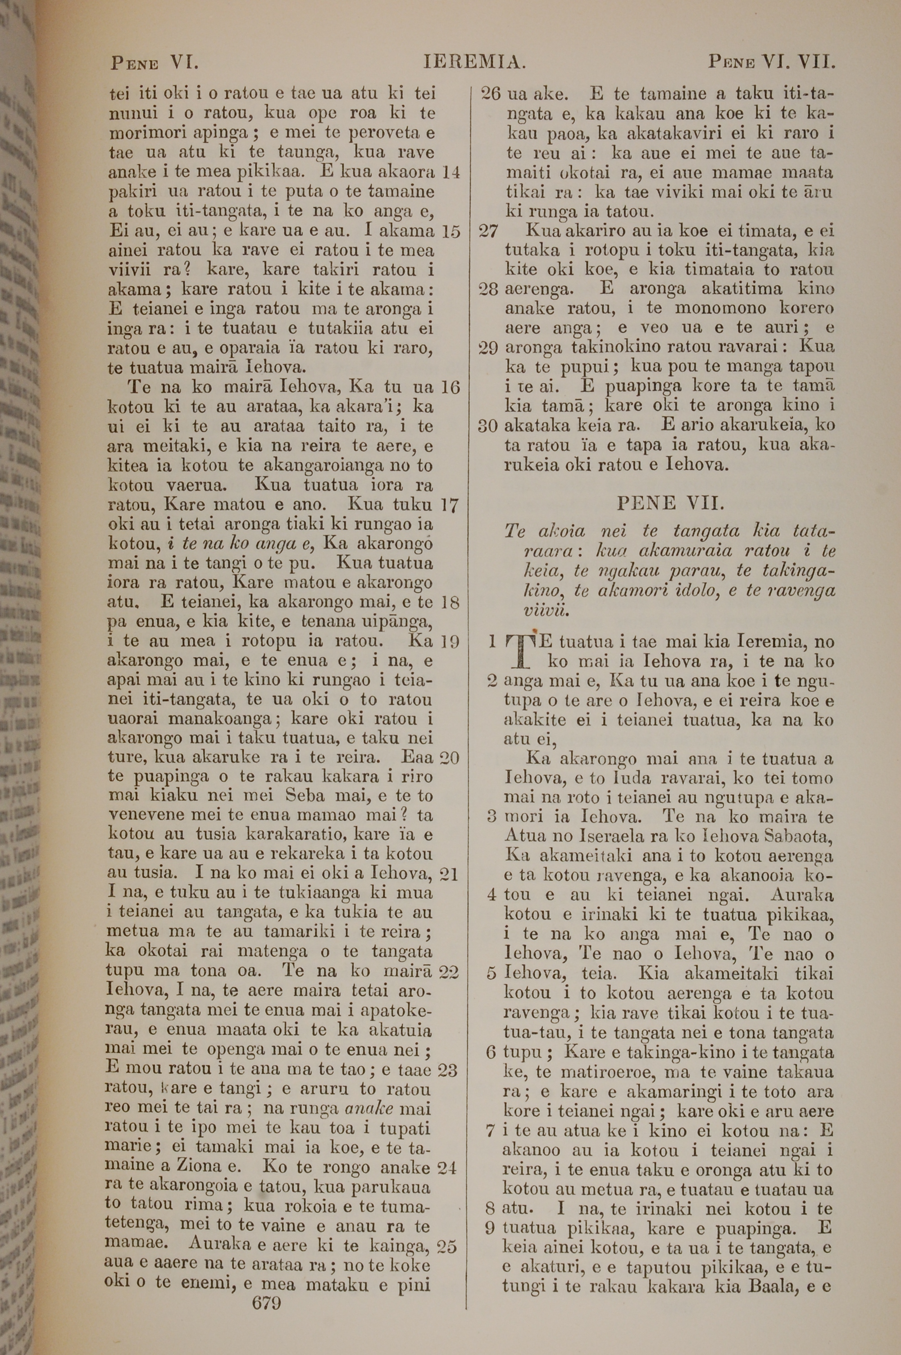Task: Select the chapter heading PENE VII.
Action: pos(670,503)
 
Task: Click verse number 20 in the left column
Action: pos(449,758)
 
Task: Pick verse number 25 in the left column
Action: pos(447,1246)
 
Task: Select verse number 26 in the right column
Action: pos(490,94)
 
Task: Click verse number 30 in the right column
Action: pos(488,426)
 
